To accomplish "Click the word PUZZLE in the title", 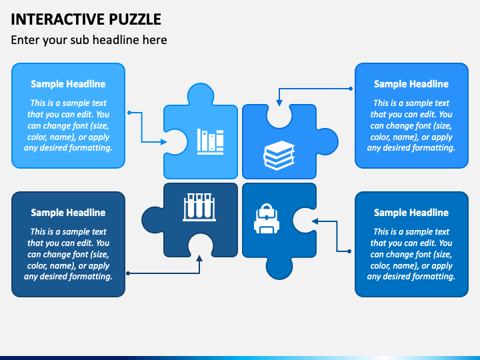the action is (135, 19).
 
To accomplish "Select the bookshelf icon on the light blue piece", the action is (210, 141).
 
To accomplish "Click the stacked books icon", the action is (279, 155).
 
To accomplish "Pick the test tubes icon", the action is (199, 207).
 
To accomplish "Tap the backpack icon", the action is (267, 219).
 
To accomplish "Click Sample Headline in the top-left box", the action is (68, 84).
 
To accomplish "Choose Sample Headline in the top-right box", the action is (411, 84).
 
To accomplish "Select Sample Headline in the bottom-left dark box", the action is (68, 213).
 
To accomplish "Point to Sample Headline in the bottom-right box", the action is (411, 213).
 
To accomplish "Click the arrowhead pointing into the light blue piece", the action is (164, 142).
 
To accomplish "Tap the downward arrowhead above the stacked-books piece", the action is (279, 103).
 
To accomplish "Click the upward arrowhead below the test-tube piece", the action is (199, 259).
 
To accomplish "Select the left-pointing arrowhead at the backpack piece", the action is (315, 221).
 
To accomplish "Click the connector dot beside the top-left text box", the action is (129, 113).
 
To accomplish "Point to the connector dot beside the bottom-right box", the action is (349, 251).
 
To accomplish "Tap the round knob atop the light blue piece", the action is (201, 94).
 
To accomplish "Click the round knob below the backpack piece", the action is (279, 268).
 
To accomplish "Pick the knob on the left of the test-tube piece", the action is (153, 219).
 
